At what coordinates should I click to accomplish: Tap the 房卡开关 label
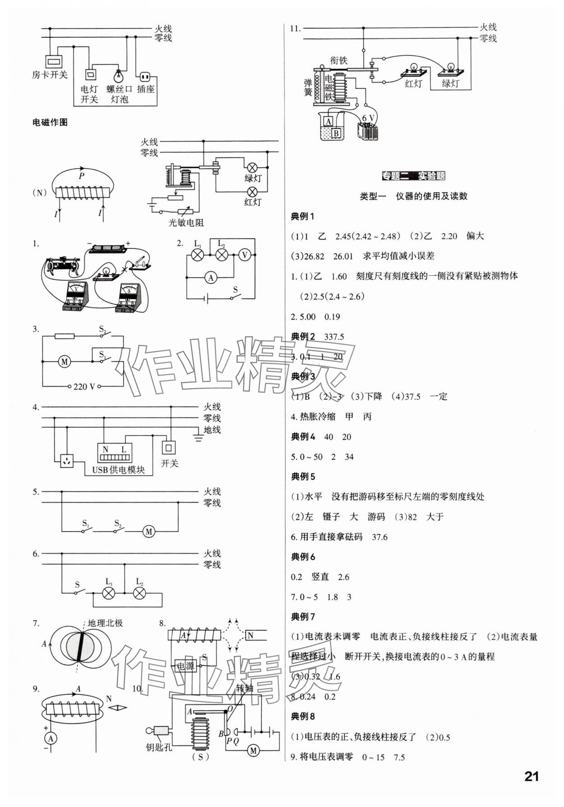(50, 75)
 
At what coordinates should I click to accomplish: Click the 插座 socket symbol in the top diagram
(145, 76)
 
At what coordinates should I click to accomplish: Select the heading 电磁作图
(50, 122)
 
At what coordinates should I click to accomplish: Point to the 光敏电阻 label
(186, 222)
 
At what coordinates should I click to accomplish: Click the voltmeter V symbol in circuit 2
(245, 255)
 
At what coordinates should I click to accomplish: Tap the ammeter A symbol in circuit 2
(211, 278)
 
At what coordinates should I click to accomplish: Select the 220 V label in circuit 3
(84, 387)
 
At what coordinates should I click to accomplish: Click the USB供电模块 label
(118, 470)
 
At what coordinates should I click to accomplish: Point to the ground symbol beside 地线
(198, 437)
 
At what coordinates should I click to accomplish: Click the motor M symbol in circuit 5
(149, 532)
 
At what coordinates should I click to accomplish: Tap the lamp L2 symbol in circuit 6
(139, 593)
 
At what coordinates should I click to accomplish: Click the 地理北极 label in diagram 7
(105, 623)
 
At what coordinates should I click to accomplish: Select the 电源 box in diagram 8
(185, 666)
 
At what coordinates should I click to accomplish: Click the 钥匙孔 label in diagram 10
(159, 747)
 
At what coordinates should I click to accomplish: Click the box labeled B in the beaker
(336, 133)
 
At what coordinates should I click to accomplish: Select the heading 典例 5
(303, 477)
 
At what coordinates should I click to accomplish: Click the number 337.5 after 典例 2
(334, 337)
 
